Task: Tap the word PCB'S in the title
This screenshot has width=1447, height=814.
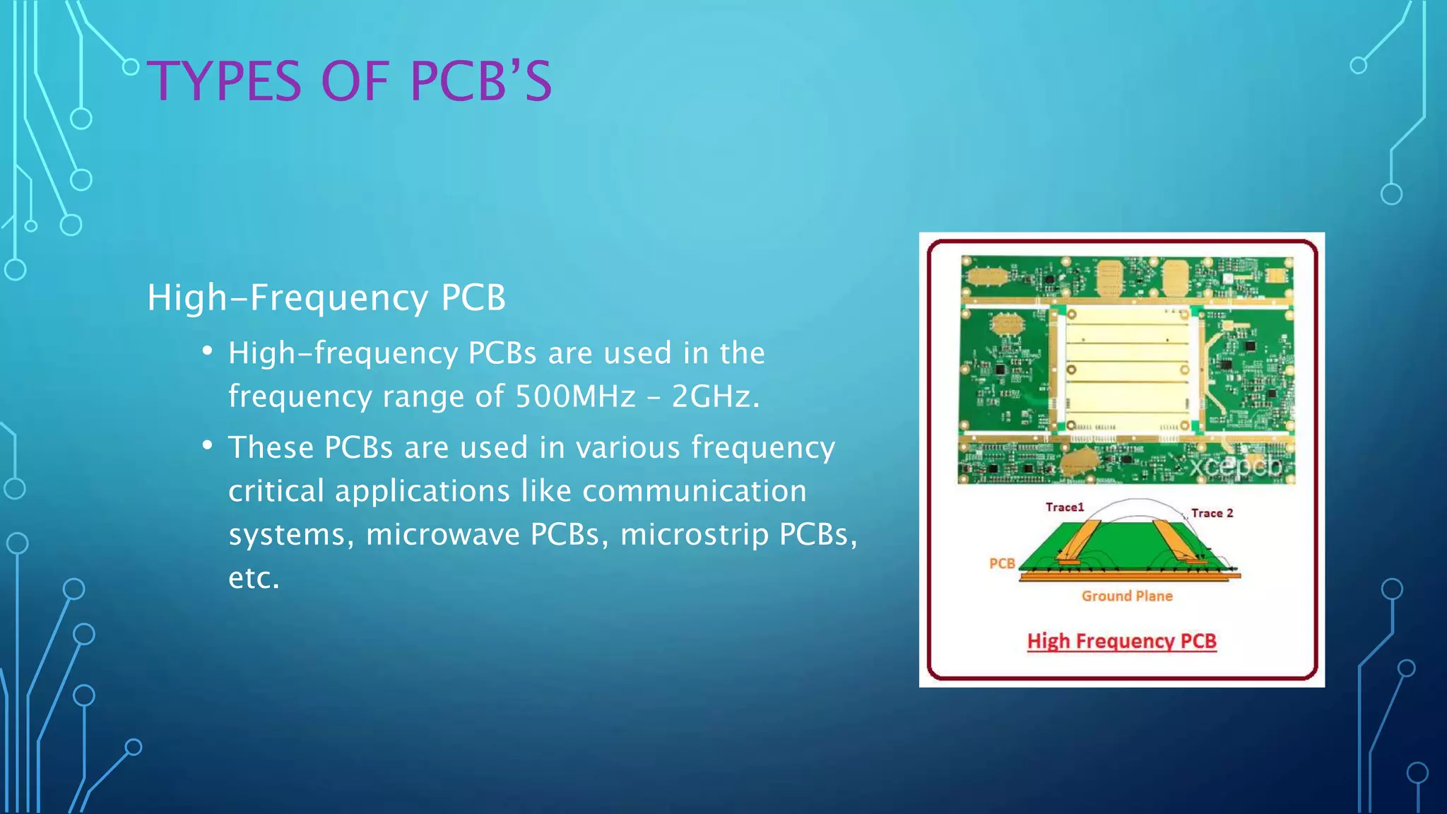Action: tap(480, 81)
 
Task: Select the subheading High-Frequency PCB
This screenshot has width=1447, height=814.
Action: tap(326, 297)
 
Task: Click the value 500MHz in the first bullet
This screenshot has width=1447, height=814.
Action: tap(575, 396)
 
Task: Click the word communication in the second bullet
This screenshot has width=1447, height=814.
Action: tap(694, 491)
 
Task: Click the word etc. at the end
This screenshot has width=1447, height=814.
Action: tap(254, 579)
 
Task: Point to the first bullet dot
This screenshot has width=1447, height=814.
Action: tap(207, 351)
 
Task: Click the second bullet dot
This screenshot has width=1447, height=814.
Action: tap(207, 446)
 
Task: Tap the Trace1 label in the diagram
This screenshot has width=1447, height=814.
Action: tap(1064, 507)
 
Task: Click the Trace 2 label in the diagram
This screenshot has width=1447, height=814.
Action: tap(1212, 513)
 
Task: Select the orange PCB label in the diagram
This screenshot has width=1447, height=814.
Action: tap(1002, 563)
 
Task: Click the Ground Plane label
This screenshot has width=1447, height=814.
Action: tap(1127, 596)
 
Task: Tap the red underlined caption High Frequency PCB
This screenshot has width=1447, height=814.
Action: tap(1121, 641)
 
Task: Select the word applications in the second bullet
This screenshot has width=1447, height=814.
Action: tap(422, 491)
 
